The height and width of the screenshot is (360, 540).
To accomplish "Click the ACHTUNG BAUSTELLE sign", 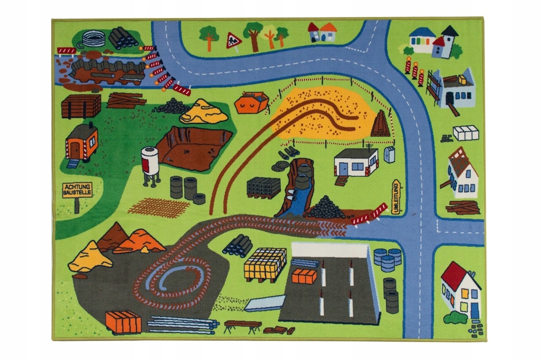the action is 77,190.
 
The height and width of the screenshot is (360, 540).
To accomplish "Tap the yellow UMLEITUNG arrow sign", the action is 397,197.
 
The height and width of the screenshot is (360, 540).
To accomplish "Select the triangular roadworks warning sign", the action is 233,40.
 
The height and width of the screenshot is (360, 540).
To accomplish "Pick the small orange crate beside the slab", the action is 304,276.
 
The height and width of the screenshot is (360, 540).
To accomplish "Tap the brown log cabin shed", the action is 81,106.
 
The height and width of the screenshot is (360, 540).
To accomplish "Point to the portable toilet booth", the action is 390,154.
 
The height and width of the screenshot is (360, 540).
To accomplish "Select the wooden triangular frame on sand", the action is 380,124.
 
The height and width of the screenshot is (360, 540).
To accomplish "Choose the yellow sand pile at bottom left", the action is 90,257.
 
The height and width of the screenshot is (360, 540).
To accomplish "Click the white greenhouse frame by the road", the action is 466,133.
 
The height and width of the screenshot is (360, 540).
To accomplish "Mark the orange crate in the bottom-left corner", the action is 123,322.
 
